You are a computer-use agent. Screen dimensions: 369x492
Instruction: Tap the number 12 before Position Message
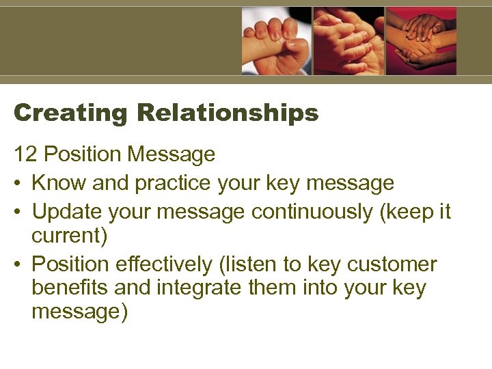(25, 154)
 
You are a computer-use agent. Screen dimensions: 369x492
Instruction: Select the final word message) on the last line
(79, 312)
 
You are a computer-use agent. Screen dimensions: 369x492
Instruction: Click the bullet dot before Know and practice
(18, 184)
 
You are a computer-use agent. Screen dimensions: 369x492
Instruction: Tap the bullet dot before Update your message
(18, 213)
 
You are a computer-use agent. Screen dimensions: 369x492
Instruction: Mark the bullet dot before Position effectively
(18, 265)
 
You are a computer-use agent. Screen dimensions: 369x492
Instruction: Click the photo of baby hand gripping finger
(277, 41)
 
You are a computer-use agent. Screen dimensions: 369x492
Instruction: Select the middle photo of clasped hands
(348, 41)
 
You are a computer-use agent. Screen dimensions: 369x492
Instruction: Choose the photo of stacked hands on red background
(421, 41)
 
